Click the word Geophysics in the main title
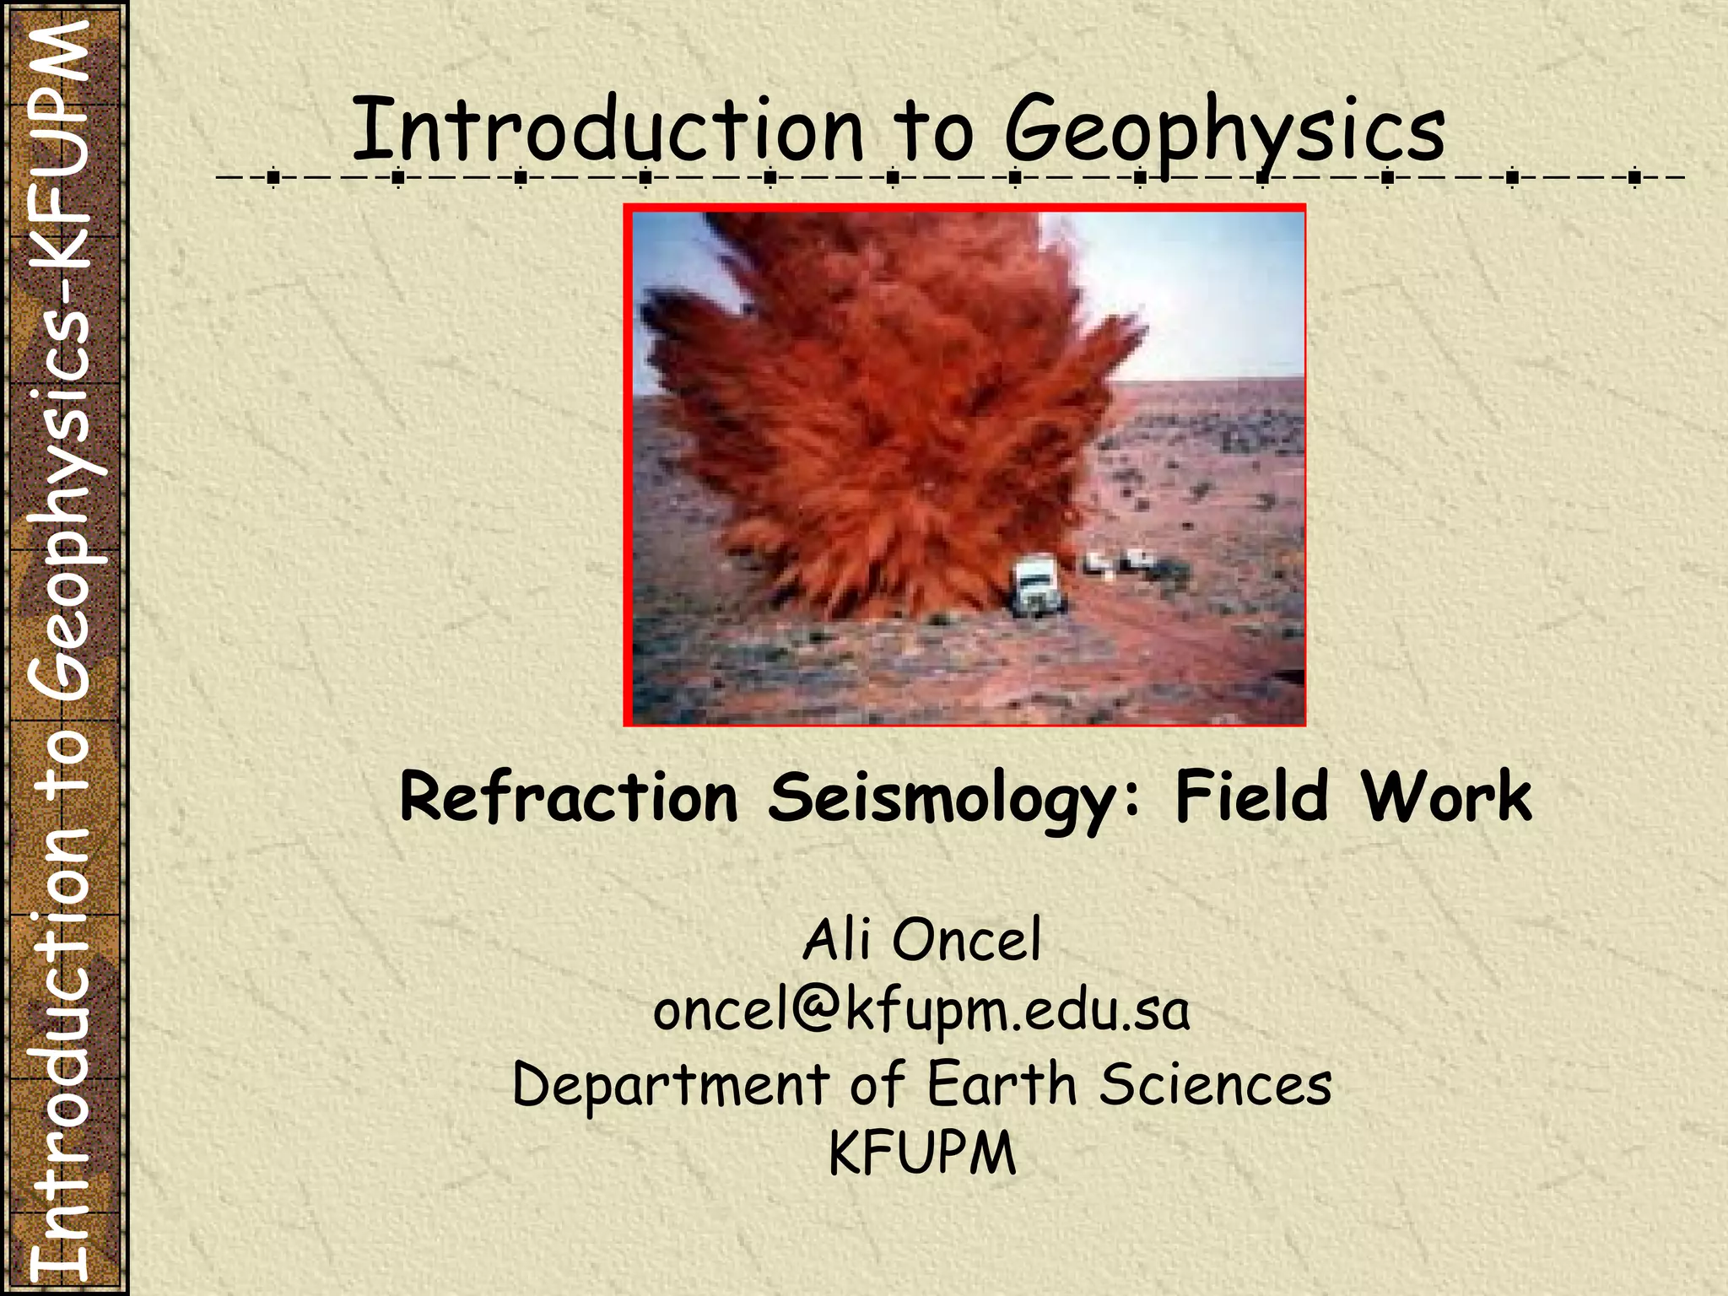tap(1224, 131)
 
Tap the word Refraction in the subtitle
tap(569, 796)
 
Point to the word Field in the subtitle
tap(1252, 796)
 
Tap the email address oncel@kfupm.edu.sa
tap(921, 1010)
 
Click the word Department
tap(671, 1084)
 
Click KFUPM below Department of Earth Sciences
tap(922, 1153)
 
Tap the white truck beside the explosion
tap(1038, 586)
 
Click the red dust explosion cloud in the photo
tap(877, 405)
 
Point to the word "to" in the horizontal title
tap(933, 131)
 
